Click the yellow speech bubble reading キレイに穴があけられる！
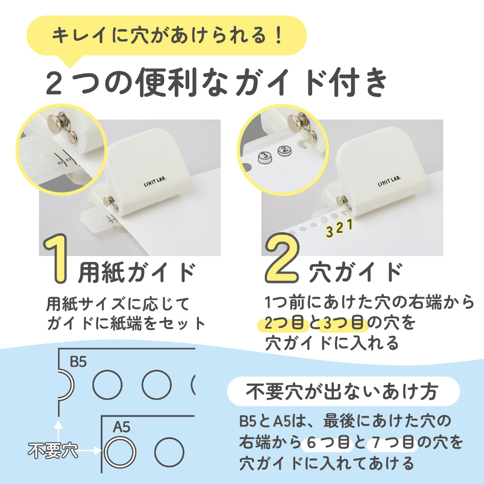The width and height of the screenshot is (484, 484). tap(166, 35)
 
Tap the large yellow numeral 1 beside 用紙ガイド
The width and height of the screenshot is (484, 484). tap(56, 258)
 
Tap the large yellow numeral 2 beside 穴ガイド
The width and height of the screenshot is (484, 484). tap(282, 258)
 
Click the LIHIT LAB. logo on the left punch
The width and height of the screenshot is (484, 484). tap(155, 181)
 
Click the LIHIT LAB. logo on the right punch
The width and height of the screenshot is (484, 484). tap(389, 181)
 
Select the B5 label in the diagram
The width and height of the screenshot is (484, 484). tap(78, 362)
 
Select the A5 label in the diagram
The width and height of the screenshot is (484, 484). tap(121, 427)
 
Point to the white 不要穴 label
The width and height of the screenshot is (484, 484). tap(53, 451)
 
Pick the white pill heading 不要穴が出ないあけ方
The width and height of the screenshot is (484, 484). tap(343, 392)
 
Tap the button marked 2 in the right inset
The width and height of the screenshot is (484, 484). tap(285, 151)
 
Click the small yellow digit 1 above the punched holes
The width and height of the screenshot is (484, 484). tap(350, 225)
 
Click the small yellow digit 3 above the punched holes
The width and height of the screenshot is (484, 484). tap(330, 231)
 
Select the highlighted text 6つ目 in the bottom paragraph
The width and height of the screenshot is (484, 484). tap(327, 443)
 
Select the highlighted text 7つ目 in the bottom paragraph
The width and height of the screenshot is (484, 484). tap(393, 443)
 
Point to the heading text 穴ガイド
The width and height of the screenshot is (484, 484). tap(356, 272)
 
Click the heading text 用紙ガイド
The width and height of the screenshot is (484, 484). tap(137, 272)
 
